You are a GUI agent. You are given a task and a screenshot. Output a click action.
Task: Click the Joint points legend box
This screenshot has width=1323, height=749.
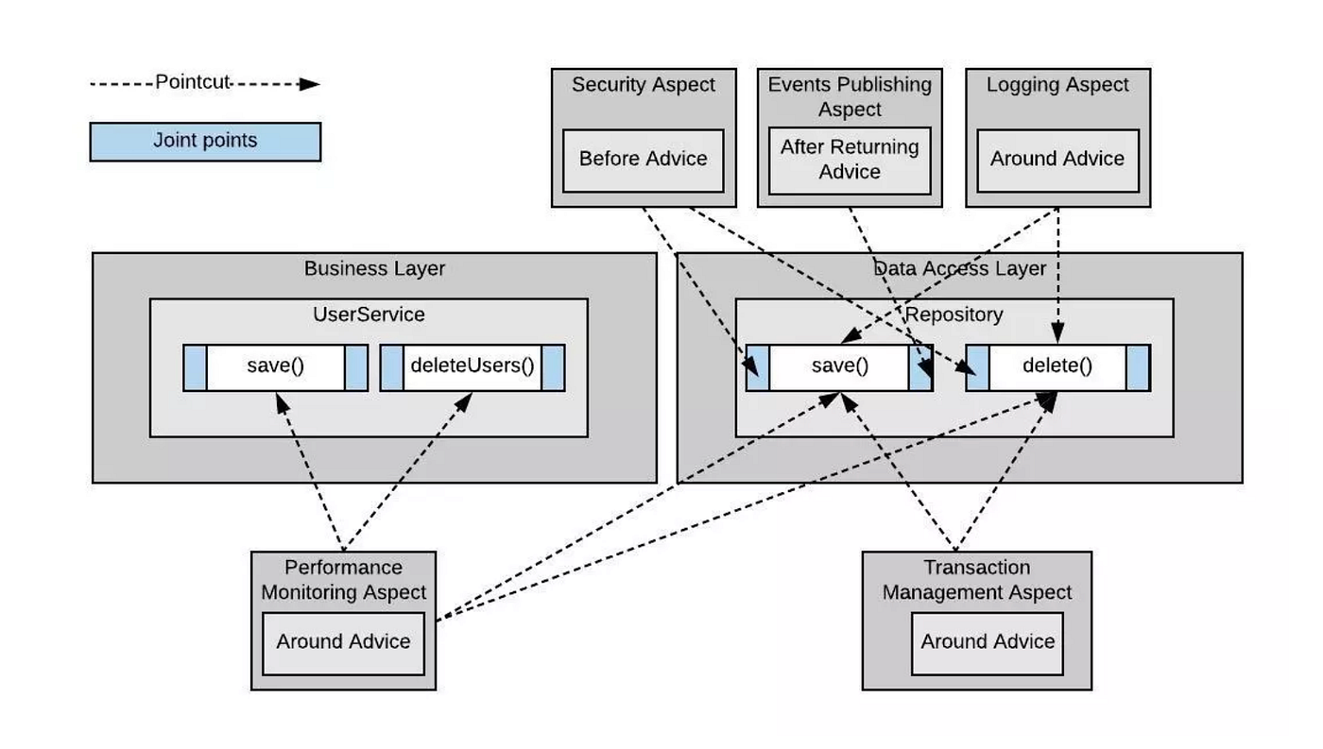205,142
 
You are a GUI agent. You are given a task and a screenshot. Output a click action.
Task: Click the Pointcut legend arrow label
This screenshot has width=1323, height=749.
193,82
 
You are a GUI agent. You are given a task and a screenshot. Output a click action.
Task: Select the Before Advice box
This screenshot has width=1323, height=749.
643,159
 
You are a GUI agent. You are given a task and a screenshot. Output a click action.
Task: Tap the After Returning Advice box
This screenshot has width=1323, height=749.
850,160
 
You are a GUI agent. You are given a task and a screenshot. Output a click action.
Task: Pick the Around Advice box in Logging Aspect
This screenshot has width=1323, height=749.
1057,159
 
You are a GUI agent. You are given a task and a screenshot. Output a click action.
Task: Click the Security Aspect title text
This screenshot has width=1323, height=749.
643,85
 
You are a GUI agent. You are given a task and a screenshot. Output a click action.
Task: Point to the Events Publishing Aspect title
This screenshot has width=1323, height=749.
850,96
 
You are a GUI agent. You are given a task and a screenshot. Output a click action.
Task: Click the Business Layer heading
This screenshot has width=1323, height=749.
374,268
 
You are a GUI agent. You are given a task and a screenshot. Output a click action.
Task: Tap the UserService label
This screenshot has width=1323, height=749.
369,314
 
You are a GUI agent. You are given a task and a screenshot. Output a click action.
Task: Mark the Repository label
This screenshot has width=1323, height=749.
954,315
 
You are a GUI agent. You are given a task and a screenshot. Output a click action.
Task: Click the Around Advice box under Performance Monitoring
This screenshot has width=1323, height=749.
343,642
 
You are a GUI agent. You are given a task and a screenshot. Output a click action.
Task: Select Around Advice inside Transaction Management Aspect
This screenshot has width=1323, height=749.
988,642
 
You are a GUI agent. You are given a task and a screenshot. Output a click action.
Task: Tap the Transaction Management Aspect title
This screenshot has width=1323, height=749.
976,580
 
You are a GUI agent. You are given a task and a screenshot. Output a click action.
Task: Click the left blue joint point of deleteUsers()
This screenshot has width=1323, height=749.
392,367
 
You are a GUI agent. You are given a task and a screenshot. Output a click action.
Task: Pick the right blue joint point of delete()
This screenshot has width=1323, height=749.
1138,367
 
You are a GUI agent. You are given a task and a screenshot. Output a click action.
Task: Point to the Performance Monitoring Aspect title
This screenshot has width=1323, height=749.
343,580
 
